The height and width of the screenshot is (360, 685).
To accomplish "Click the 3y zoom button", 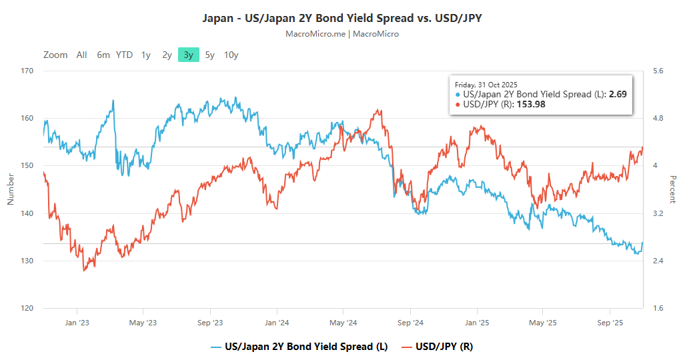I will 189,55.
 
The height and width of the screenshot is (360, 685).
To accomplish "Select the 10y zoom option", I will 231,55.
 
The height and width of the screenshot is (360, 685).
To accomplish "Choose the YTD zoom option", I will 124,55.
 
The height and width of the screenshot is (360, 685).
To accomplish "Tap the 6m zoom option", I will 103,55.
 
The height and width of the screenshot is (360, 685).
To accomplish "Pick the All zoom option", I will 81,55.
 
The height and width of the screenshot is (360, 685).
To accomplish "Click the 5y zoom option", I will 209,55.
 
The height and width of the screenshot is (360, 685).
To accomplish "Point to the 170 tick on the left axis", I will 27,71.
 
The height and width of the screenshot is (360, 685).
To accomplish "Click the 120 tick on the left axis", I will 27,309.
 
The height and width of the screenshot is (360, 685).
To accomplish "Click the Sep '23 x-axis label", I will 210,323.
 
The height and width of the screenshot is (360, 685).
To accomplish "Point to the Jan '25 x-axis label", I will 476,323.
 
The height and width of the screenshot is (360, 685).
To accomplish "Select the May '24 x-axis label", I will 343,323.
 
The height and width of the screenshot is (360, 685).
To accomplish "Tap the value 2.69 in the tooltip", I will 617,95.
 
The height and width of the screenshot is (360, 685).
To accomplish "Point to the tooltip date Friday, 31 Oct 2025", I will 487,85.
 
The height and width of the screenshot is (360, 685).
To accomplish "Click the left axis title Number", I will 10,189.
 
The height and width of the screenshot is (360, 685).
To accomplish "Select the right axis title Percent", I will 673,189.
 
